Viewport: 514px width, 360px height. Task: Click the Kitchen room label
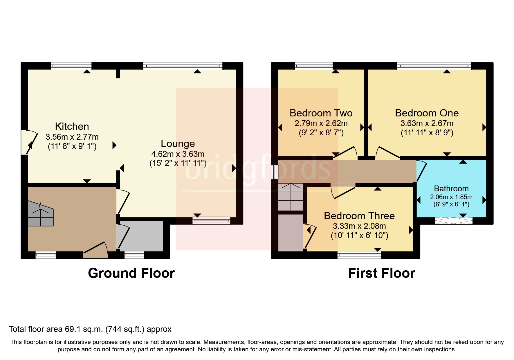tap(72, 126)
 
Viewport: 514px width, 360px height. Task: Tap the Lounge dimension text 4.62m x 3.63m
tap(178, 154)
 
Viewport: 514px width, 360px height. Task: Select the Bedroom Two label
tap(321, 113)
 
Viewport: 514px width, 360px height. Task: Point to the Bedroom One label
tap(427, 113)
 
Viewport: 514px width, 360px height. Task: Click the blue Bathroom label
tap(451, 188)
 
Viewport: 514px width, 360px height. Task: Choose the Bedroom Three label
tap(359, 216)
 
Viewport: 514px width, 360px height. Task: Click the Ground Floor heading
tap(131, 273)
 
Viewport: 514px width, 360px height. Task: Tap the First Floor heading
tap(381, 273)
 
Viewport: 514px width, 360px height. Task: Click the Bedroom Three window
tap(359, 255)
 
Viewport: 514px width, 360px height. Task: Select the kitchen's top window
tap(71, 66)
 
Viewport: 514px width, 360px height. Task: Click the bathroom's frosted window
tap(453, 221)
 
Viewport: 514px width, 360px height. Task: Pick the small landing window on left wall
tap(275, 172)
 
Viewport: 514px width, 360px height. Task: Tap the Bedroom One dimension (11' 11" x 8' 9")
tap(427, 133)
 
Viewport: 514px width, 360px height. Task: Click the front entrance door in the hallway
tap(96, 249)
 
